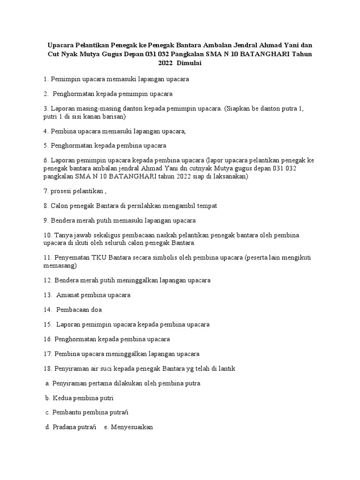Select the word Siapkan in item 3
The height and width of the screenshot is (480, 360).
[x=240, y=108]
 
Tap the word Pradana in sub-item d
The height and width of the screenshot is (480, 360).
[x=65, y=427]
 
